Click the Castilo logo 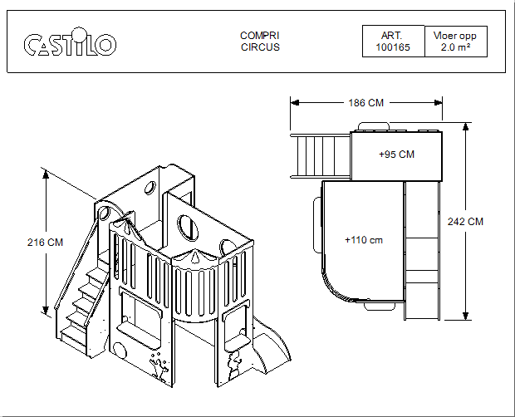pyautogui.click(x=70, y=42)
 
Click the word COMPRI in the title pyautogui.click(x=259, y=36)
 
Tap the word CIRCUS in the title pyautogui.click(x=260, y=47)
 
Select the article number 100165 pyautogui.click(x=393, y=47)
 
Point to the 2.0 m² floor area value pyautogui.click(x=455, y=47)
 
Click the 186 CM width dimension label pyautogui.click(x=365, y=103)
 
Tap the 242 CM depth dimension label pyautogui.click(x=465, y=222)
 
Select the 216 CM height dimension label pyautogui.click(x=45, y=243)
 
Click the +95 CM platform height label pyautogui.click(x=396, y=155)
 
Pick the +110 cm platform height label pyautogui.click(x=364, y=240)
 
